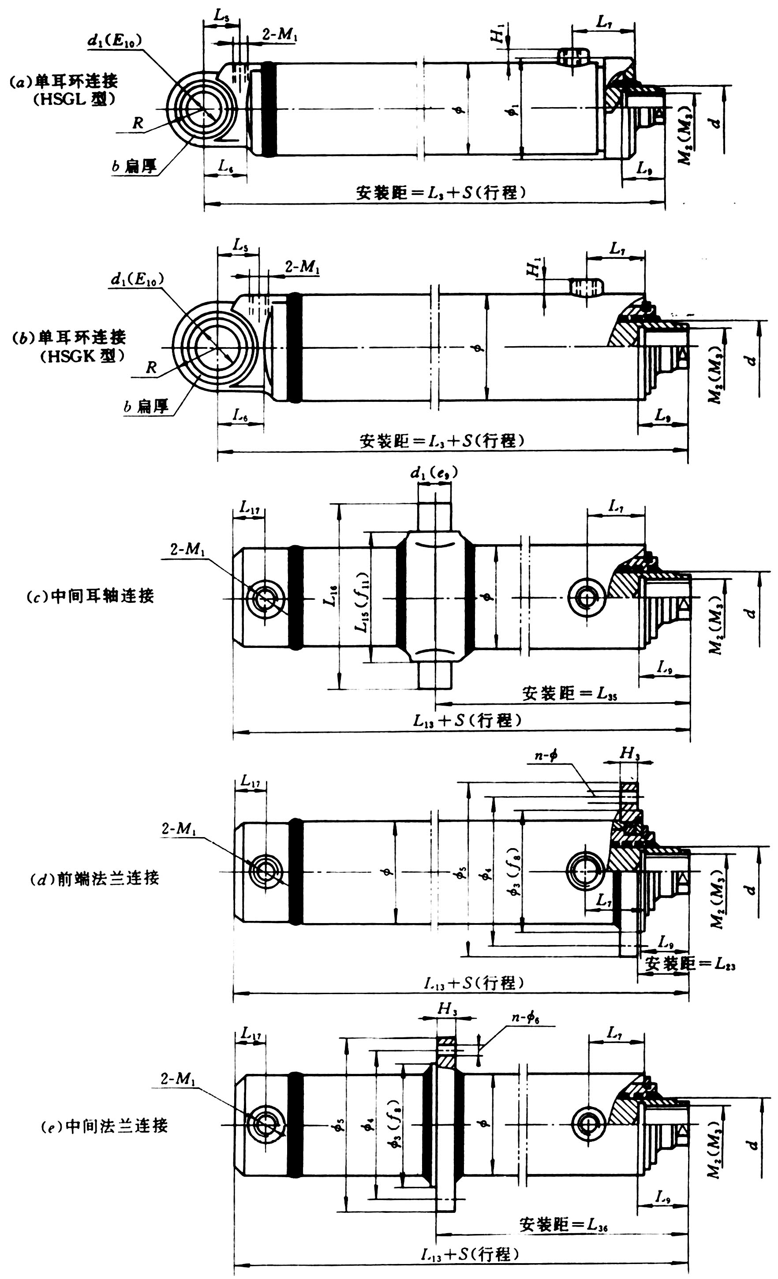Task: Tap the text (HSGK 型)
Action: [x=82, y=356]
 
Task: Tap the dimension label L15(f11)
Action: [x=362, y=602]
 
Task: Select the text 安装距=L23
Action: [x=690, y=965]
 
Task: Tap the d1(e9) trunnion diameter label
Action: [x=434, y=473]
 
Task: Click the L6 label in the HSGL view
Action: [x=225, y=166]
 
